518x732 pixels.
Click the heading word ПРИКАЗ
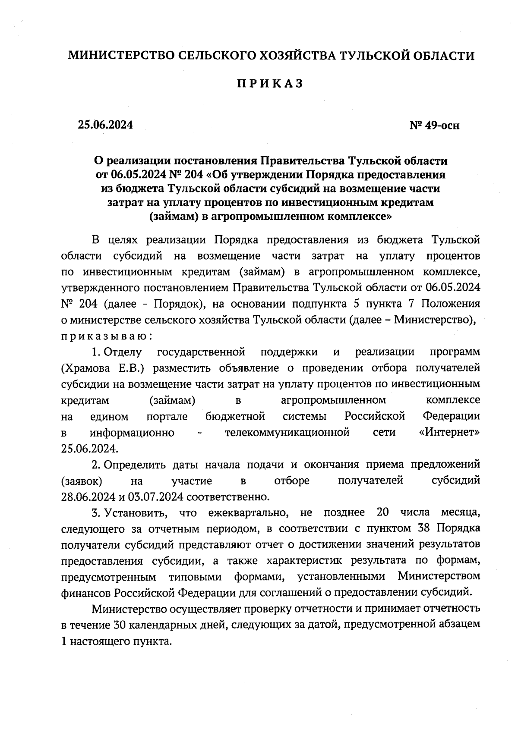pyautogui.click(x=270, y=84)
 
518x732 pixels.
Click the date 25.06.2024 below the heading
pyautogui.click(x=105, y=125)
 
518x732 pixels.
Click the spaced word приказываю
pyautogui.click(x=106, y=336)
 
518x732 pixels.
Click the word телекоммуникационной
pyautogui.click(x=287, y=433)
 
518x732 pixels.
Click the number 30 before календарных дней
pyautogui.click(x=120, y=625)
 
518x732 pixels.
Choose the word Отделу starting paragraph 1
pyautogui.click(x=123, y=352)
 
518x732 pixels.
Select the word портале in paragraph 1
pyautogui.click(x=167, y=417)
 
